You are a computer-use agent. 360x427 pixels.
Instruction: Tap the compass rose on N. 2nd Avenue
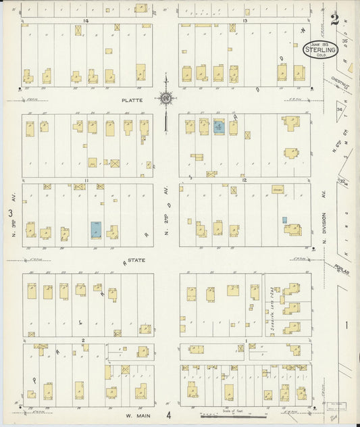pos(165,99)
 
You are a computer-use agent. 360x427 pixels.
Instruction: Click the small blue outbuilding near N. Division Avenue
pos(284,220)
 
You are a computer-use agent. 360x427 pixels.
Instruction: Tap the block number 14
pos(86,21)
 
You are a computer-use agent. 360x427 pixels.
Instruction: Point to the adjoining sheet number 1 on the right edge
pos(346,326)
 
